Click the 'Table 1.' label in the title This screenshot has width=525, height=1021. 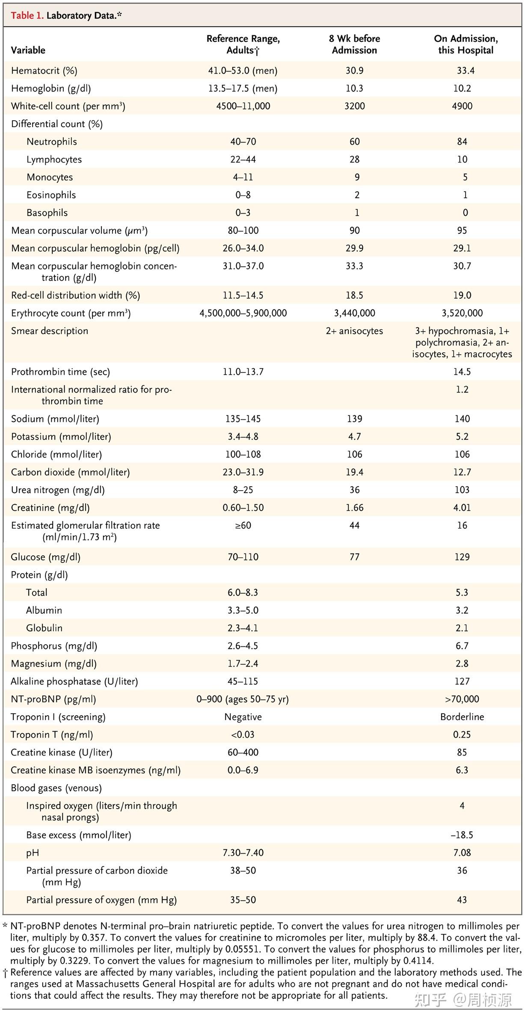27,16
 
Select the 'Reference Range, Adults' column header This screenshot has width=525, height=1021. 243,45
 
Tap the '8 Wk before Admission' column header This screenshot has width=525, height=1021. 354,45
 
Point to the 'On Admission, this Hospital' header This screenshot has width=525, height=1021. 466,45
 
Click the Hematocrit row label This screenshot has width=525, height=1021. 44,71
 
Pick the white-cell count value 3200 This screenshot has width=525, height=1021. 354,106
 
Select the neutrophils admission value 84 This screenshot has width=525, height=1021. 462,142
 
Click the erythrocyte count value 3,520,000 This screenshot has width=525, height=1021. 462,313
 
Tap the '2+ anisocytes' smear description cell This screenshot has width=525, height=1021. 354,331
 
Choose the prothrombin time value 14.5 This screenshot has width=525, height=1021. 462,372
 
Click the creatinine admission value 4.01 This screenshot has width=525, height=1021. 462,508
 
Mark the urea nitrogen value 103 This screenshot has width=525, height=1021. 462,490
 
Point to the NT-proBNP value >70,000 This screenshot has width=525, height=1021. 462,699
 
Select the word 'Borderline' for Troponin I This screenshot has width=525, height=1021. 462,717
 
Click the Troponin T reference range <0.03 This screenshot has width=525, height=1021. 243,735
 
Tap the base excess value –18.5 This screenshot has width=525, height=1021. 462,835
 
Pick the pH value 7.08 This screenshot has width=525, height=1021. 462,853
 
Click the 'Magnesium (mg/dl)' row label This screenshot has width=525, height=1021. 53,664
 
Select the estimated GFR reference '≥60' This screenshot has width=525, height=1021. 243,525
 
